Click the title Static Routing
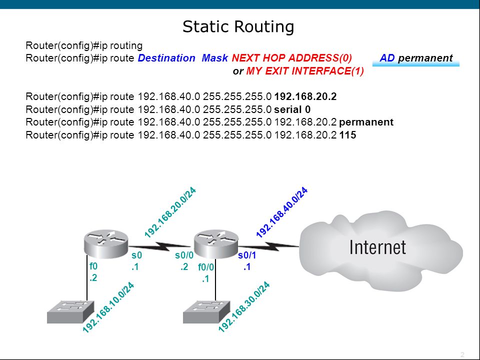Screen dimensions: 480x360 [238, 26]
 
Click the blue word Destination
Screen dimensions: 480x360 [166, 58]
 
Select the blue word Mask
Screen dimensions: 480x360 [215, 58]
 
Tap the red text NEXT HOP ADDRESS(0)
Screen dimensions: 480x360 [291, 58]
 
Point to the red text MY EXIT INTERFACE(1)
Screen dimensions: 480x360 [305, 71]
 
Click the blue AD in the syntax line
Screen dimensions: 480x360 [387, 58]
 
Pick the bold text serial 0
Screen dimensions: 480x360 [292, 109]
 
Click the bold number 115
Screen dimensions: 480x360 [348, 135]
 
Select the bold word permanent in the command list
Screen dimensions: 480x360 [366, 122]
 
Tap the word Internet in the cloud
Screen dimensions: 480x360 [378, 247]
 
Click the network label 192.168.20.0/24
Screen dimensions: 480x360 [170, 213]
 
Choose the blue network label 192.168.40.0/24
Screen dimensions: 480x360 [281, 213]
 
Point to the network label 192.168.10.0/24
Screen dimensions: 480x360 [108, 307]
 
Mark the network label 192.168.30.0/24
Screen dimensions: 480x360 [244, 307]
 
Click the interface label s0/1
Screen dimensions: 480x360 [246, 255]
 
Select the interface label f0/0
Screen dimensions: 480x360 [206, 267]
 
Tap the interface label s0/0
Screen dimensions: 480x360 [184, 255]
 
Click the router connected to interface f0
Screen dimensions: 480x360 [106, 244]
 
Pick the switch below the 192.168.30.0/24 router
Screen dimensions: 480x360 [206, 312]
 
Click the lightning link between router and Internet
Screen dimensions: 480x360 [268, 246]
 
